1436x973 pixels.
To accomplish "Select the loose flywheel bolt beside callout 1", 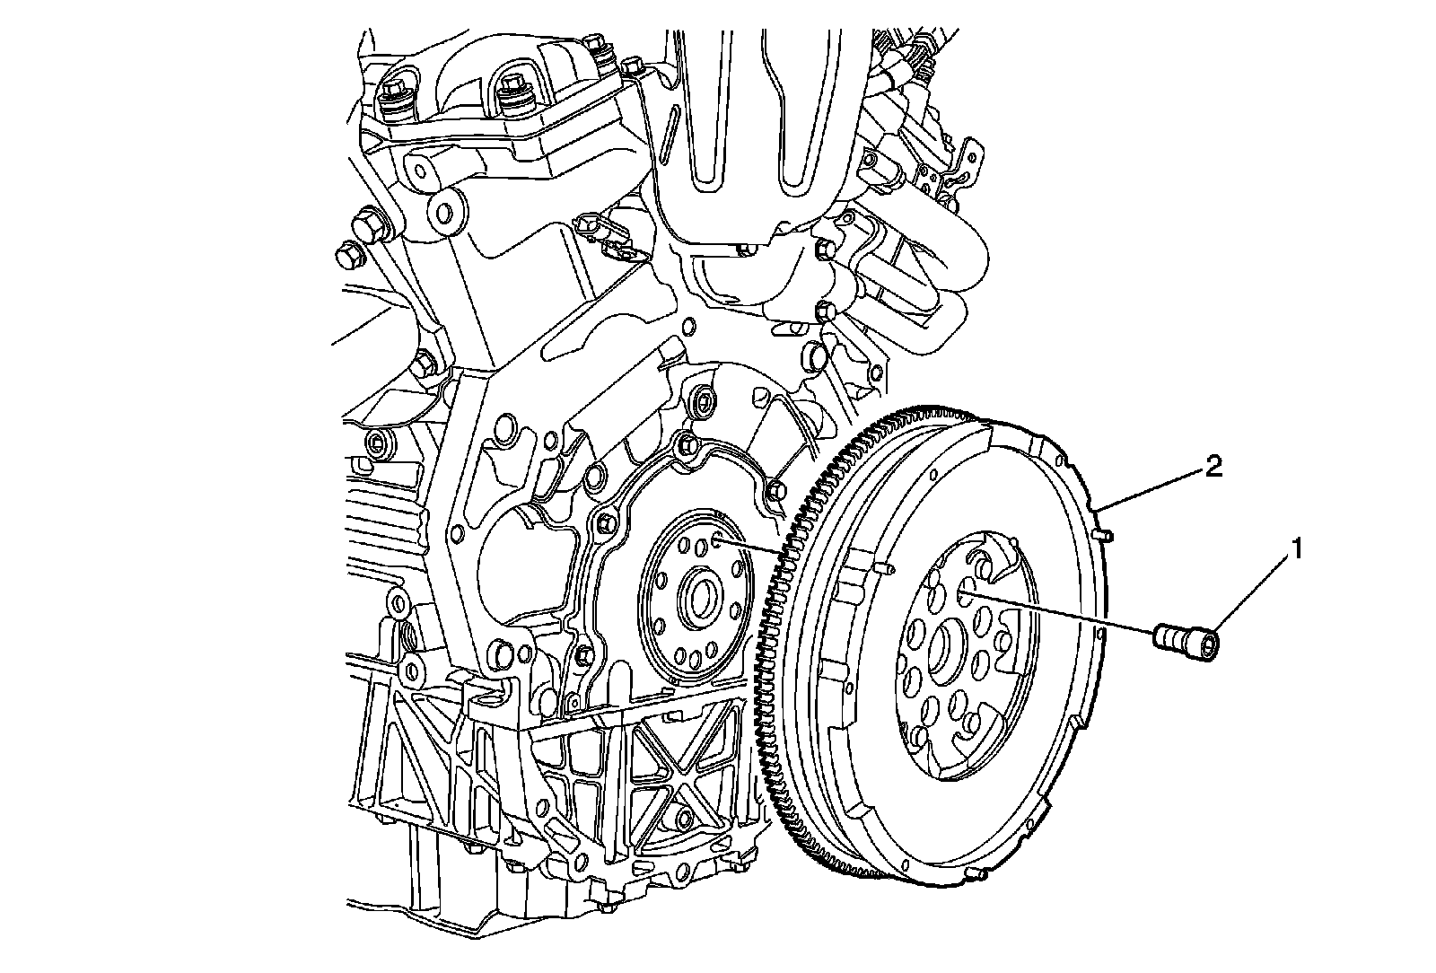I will (x=1185, y=641).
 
